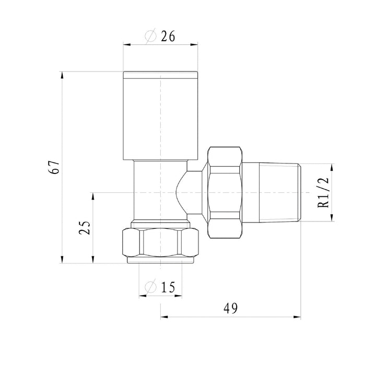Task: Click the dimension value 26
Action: pyautogui.click(x=168, y=37)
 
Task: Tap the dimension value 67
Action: pyautogui.click(x=54, y=167)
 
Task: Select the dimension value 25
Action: pyautogui.click(x=85, y=227)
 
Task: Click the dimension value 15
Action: pyautogui.click(x=168, y=287)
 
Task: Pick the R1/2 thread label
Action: pyautogui.click(x=323, y=193)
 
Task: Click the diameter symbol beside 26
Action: pyautogui.click(x=150, y=37)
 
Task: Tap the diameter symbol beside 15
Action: pyautogui.click(x=150, y=287)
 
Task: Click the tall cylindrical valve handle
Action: pyautogui.click(x=160, y=115)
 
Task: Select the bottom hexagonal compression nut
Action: pyautogui.click(x=160, y=243)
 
